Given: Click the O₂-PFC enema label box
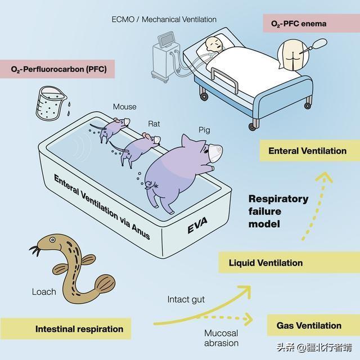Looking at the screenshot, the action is point(311,23).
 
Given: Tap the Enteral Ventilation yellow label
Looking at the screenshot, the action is point(310,151).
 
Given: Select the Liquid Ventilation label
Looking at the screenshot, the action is point(289,263).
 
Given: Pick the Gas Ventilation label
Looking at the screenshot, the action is point(313,325).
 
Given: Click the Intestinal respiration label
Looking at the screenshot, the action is point(66,328).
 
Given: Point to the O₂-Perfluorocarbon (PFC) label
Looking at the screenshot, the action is point(57,69).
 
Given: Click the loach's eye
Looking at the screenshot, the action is point(52,240).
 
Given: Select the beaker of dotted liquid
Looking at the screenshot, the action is point(51,103).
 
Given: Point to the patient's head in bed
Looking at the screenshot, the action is point(214,44).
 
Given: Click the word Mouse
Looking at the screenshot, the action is point(125,107).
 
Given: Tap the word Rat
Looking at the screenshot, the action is point(154,124).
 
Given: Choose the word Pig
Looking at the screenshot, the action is point(204,130).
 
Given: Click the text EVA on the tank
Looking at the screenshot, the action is point(197,226).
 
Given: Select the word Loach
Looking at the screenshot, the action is point(44,292).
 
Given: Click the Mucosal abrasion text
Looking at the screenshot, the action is point(221,338).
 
